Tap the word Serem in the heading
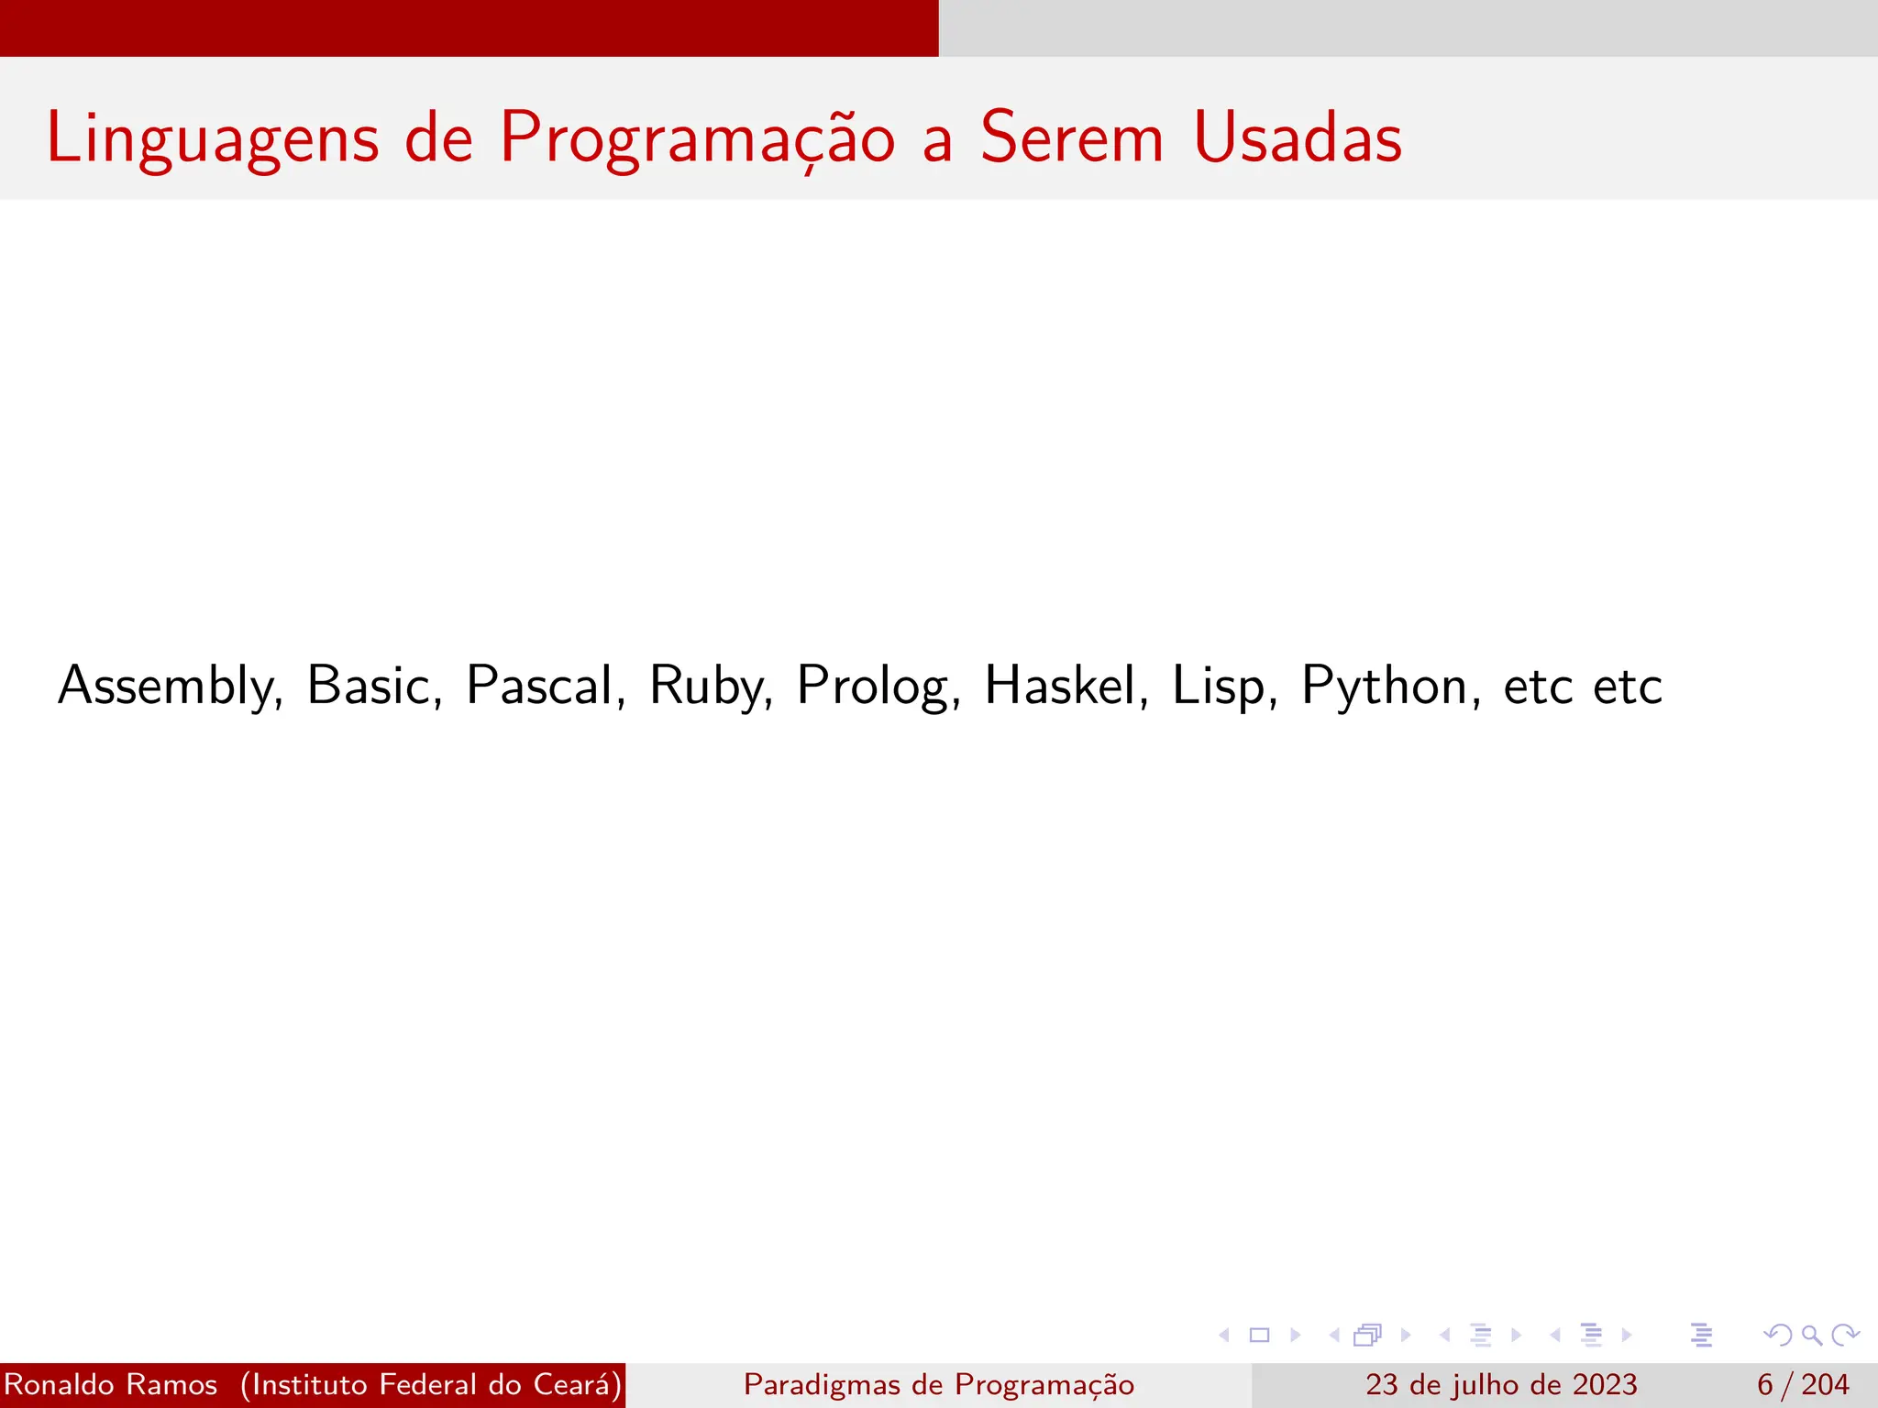click(x=1072, y=137)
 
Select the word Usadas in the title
click(x=1298, y=137)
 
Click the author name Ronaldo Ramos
click(x=111, y=1384)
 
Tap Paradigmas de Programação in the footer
click(x=939, y=1384)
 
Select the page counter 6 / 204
click(x=1803, y=1384)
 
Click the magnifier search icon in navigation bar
click(x=1811, y=1335)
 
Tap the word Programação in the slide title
click(x=697, y=137)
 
